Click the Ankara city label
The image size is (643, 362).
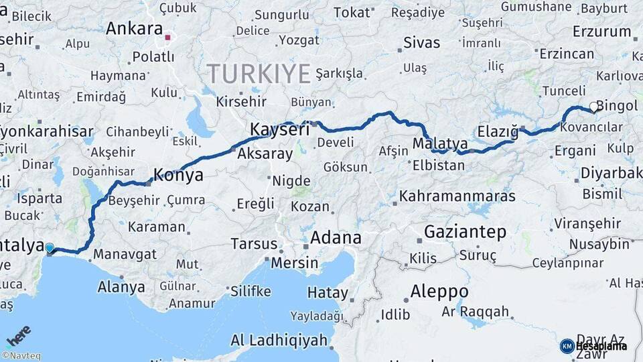[134, 29]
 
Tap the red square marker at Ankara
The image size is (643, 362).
[169, 38]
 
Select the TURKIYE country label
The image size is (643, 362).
[259, 73]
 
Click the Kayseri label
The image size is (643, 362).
[279, 129]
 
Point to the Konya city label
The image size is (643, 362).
[178, 176]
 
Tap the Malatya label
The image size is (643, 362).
[440, 143]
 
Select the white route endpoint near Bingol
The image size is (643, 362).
[593, 107]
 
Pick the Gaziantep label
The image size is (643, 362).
[465, 232]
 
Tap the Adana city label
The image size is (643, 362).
[336, 237]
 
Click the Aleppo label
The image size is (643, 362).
[439, 292]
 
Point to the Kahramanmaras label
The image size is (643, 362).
[457, 196]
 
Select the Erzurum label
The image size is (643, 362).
[602, 32]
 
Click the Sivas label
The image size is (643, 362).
[421, 43]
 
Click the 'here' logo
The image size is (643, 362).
[19, 333]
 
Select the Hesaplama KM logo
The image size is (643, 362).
[593, 346]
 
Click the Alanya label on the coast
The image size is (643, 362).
[121, 288]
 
